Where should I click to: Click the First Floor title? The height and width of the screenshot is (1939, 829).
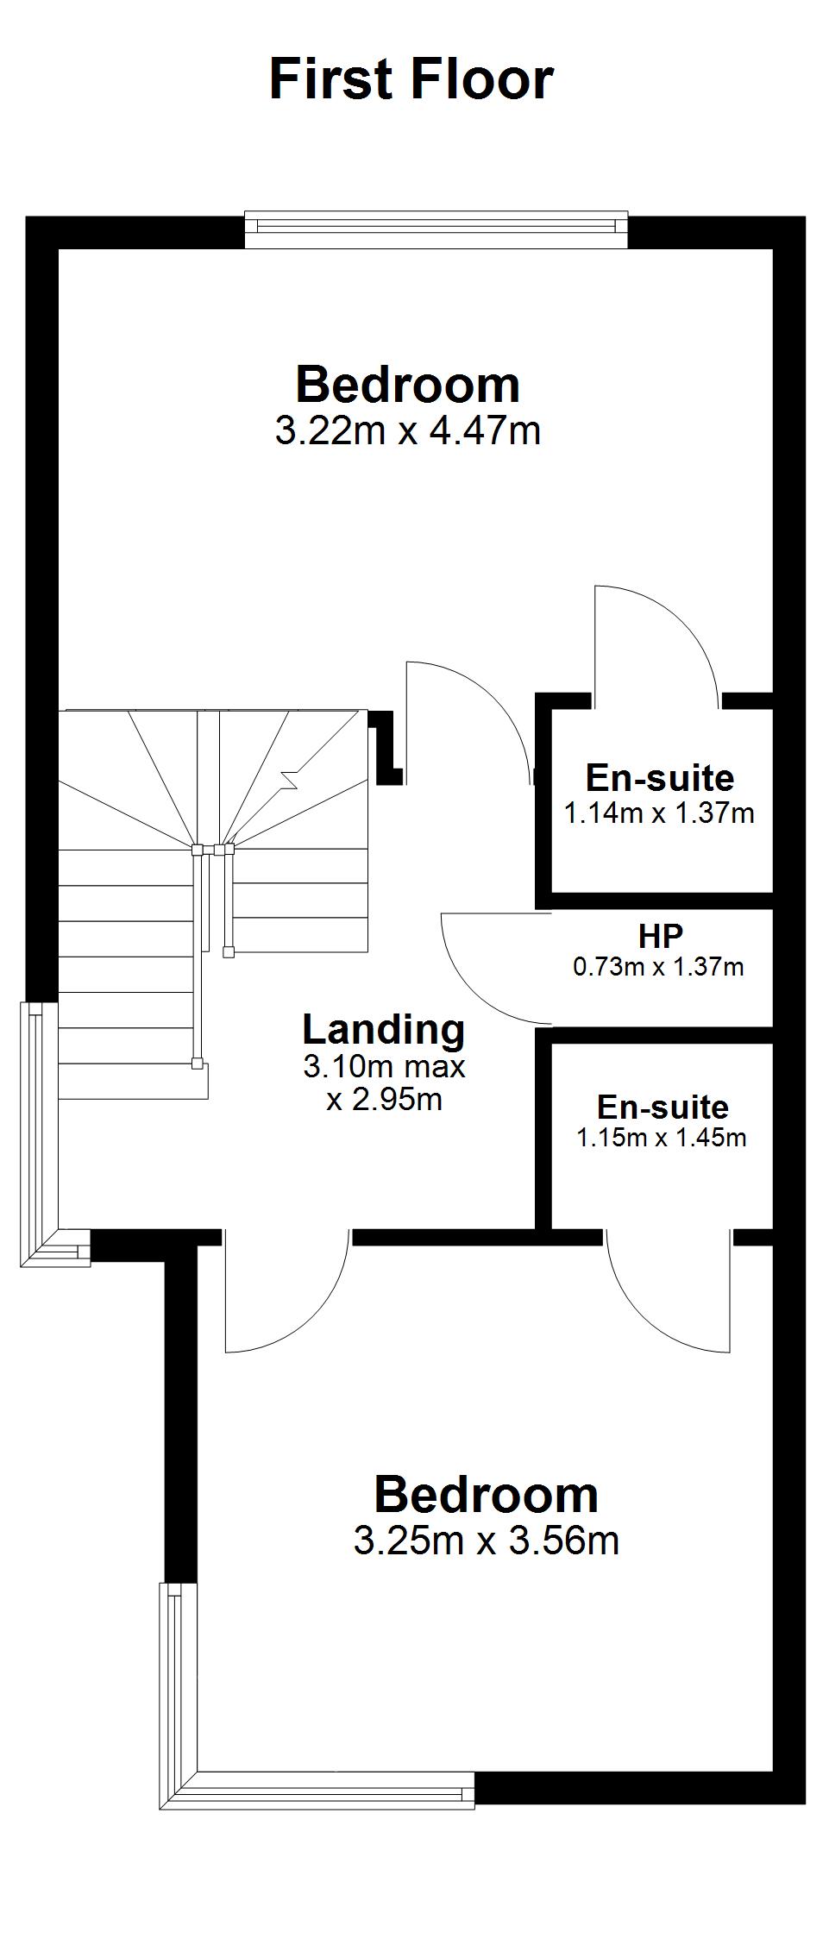pyautogui.click(x=411, y=79)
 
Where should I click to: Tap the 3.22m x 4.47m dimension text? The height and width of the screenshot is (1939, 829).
pyautogui.click(x=408, y=430)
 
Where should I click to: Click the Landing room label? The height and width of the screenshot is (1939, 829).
pyautogui.click(x=384, y=1030)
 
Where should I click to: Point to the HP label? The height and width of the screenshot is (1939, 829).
pyautogui.click(x=661, y=936)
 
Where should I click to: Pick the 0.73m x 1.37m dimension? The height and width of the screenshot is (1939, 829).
pyautogui.click(x=658, y=967)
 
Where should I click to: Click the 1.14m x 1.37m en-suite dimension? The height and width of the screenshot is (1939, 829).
pyautogui.click(x=659, y=813)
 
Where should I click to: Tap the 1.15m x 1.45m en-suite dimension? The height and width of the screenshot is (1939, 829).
pyautogui.click(x=662, y=1138)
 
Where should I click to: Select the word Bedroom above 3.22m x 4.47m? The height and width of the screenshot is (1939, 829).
pyautogui.click(x=408, y=385)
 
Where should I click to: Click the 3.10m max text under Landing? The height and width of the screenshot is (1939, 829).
pyautogui.click(x=384, y=1067)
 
